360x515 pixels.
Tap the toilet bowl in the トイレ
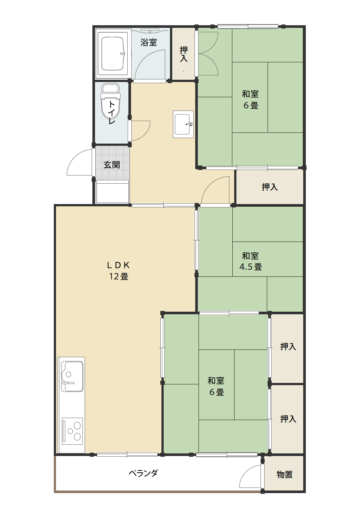(x=111, y=101)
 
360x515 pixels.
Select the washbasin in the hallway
(x=183, y=124)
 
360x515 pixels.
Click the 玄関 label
(x=112, y=165)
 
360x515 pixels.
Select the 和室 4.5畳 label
(x=250, y=261)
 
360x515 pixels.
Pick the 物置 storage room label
(x=285, y=474)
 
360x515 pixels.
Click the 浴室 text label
(x=148, y=42)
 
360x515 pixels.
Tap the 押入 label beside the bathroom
(x=184, y=54)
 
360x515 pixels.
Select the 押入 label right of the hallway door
(x=269, y=187)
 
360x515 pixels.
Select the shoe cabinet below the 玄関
(x=112, y=191)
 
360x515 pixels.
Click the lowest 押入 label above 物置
(x=288, y=419)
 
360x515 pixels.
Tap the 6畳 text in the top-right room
(x=251, y=105)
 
